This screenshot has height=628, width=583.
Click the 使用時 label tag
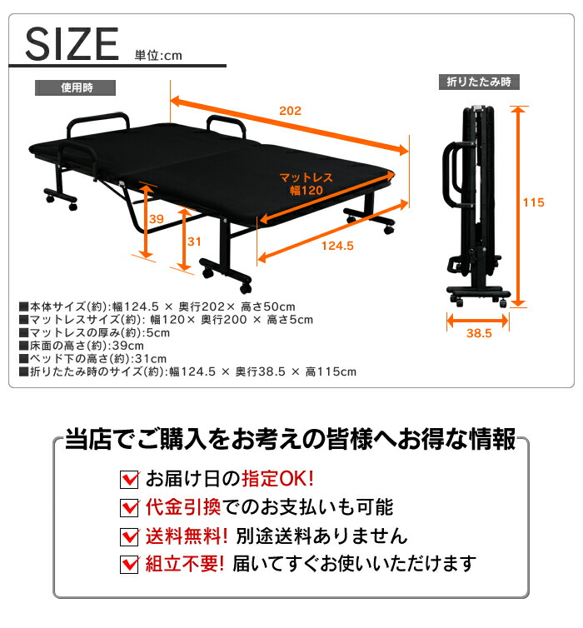[x=75, y=87]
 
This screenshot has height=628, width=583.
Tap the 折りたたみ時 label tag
[x=478, y=82]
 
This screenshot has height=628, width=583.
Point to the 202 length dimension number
[x=290, y=111]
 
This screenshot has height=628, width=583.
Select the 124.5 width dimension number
[x=336, y=246]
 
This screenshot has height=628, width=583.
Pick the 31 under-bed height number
[x=194, y=242]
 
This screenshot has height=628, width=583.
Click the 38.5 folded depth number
[x=480, y=333]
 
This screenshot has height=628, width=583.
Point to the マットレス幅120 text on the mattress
[x=306, y=183]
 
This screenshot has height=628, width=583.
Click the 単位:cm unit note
[x=157, y=56]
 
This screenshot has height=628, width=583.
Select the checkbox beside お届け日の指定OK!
[x=129, y=480]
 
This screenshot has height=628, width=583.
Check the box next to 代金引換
[x=129, y=507]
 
